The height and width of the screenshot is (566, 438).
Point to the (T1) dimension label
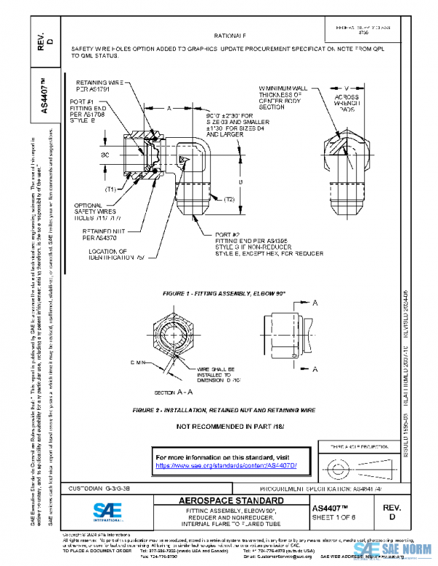click(111, 189)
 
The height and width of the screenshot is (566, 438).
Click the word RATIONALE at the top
click(230, 35)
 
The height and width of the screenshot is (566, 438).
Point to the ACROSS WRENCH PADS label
click(347, 101)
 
